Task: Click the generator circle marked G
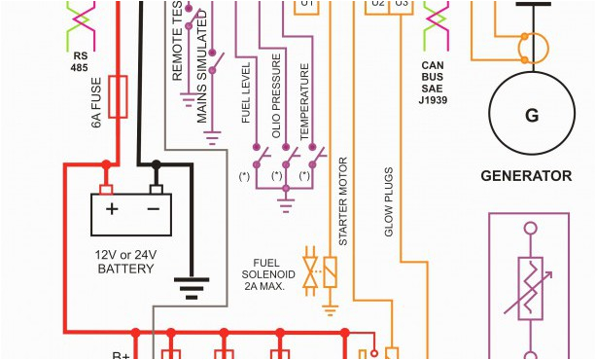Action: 532,115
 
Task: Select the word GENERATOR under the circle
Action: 526,176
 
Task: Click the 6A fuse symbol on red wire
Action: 119,98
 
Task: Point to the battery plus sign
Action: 112,208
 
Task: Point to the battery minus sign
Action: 153,208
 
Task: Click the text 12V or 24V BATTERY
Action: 125,261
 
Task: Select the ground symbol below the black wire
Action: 191,287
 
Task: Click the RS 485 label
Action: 79,61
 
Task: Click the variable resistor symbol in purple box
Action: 531,287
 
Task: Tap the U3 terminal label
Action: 403,4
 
